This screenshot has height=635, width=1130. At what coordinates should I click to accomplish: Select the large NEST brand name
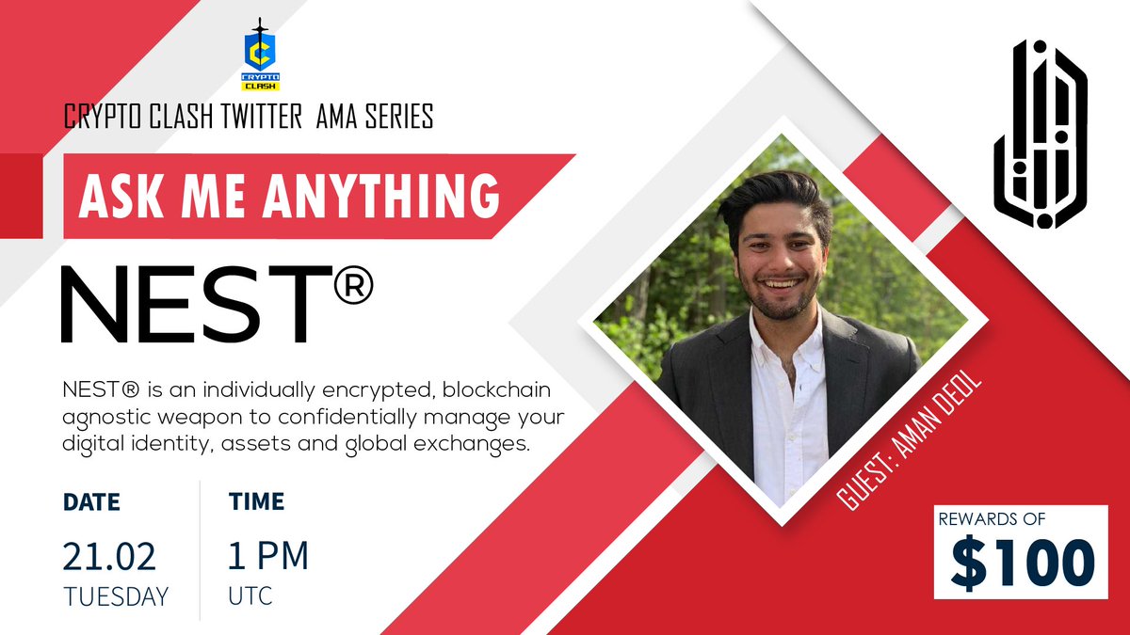(x=188, y=303)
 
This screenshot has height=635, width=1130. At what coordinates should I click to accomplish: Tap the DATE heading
(x=91, y=502)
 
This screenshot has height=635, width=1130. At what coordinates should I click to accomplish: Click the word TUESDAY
(x=116, y=596)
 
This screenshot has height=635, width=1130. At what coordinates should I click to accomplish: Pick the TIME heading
(x=256, y=502)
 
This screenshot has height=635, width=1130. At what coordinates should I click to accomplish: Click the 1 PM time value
(x=268, y=556)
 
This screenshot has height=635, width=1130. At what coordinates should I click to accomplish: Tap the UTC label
(x=250, y=596)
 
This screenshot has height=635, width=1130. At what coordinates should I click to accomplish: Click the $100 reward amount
(x=1022, y=564)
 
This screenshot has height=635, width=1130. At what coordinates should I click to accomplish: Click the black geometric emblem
(x=1039, y=134)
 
